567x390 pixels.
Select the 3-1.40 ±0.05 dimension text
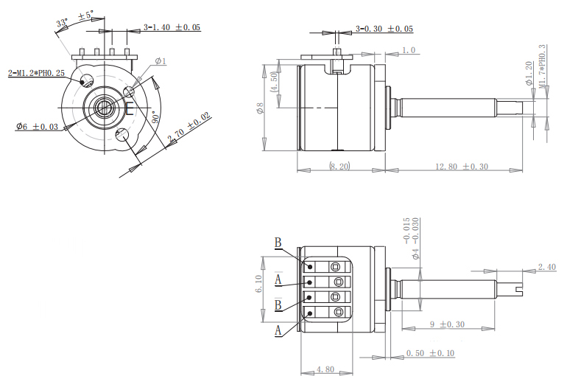click(172, 28)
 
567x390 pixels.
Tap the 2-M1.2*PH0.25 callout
click(36, 73)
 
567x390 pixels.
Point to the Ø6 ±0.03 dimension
click(37, 127)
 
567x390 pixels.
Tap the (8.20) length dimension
click(340, 167)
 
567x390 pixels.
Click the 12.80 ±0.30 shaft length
click(462, 167)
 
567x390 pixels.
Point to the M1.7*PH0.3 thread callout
click(542, 67)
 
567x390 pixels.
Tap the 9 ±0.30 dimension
click(447, 324)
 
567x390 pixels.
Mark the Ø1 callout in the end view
click(161, 61)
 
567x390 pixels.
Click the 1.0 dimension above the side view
click(409, 51)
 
